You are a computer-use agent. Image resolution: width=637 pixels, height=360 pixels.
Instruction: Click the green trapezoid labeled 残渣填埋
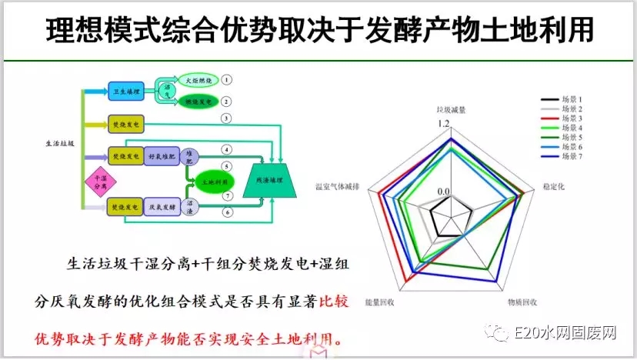(268, 179)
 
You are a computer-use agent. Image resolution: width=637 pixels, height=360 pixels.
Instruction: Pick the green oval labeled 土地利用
(205, 183)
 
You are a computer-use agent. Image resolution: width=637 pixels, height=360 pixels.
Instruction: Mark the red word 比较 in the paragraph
(335, 302)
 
